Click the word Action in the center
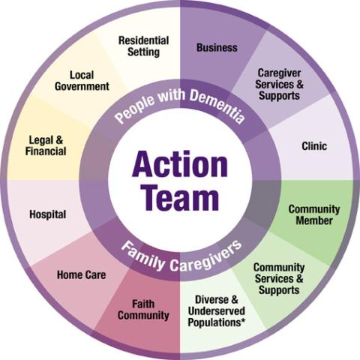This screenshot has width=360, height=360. [x=180, y=164]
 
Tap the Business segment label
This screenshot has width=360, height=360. [x=217, y=47]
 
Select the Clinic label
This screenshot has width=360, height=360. [x=314, y=146]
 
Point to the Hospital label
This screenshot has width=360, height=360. [x=48, y=214]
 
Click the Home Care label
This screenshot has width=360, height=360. [x=82, y=274]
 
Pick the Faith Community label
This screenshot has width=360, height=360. [x=143, y=310]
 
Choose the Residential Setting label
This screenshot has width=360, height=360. [x=143, y=46]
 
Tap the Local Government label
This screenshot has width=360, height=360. [x=82, y=81]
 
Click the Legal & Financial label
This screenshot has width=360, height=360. [x=46, y=145]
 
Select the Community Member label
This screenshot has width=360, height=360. [x=314, y=215]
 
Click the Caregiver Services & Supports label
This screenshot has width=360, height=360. [x=279, y=85]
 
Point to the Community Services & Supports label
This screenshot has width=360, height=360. [x=279, y=279]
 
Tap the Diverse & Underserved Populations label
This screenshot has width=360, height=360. [x=217, y=311]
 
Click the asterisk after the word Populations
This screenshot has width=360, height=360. [x=243, y=320]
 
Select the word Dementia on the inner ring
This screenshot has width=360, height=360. [x=217, y=106]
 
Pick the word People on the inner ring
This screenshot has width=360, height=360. [x=136, y=108]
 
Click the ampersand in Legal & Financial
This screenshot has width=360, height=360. [x=59, y=140]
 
